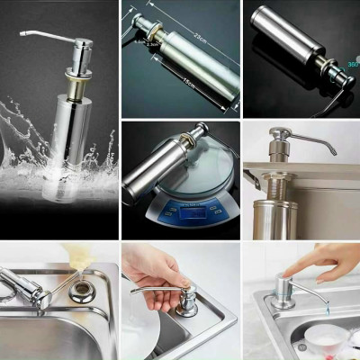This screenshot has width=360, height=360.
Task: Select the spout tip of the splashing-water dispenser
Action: (x=22, y=37)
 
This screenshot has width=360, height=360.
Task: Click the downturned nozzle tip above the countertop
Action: (x=330, y=150)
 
